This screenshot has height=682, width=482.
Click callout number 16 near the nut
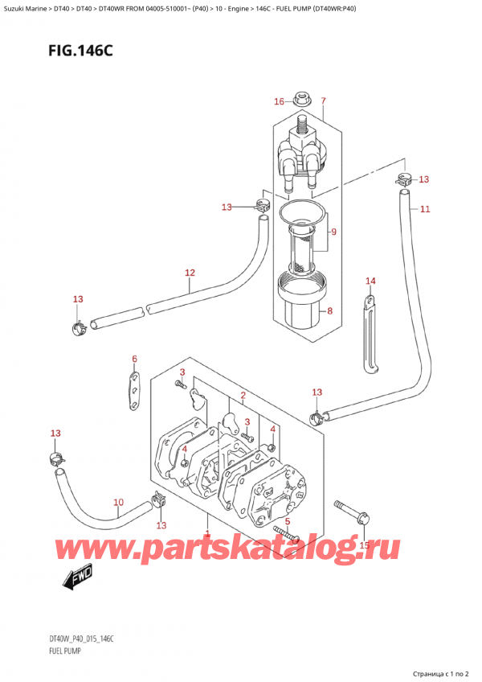coord(279,101)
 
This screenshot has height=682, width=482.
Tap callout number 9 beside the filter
coord(333,232)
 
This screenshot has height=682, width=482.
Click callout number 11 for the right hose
coord(424,209)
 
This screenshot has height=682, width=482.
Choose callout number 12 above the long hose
coord(190,273)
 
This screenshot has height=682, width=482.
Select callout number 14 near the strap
coord(370,281)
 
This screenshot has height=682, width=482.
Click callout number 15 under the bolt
coord(363,545)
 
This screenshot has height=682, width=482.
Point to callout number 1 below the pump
coord(208,534)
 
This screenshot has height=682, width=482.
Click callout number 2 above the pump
coord(242,396)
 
